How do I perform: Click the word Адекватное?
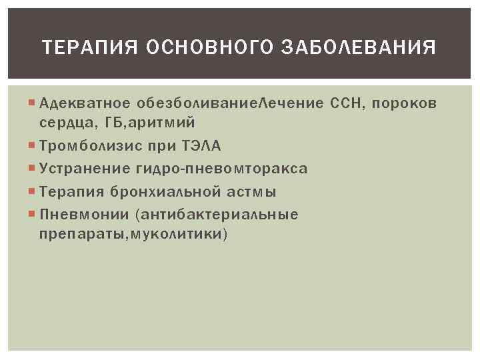coord(85,103)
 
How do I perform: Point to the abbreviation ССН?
coord(345,103)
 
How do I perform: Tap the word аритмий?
coord(163,123)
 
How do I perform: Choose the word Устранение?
coord(85,169)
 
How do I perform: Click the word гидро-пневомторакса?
coord(223,169)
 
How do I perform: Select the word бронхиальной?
coord(166,192)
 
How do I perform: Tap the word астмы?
coord(251,192)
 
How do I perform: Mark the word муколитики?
coord(183,235)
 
